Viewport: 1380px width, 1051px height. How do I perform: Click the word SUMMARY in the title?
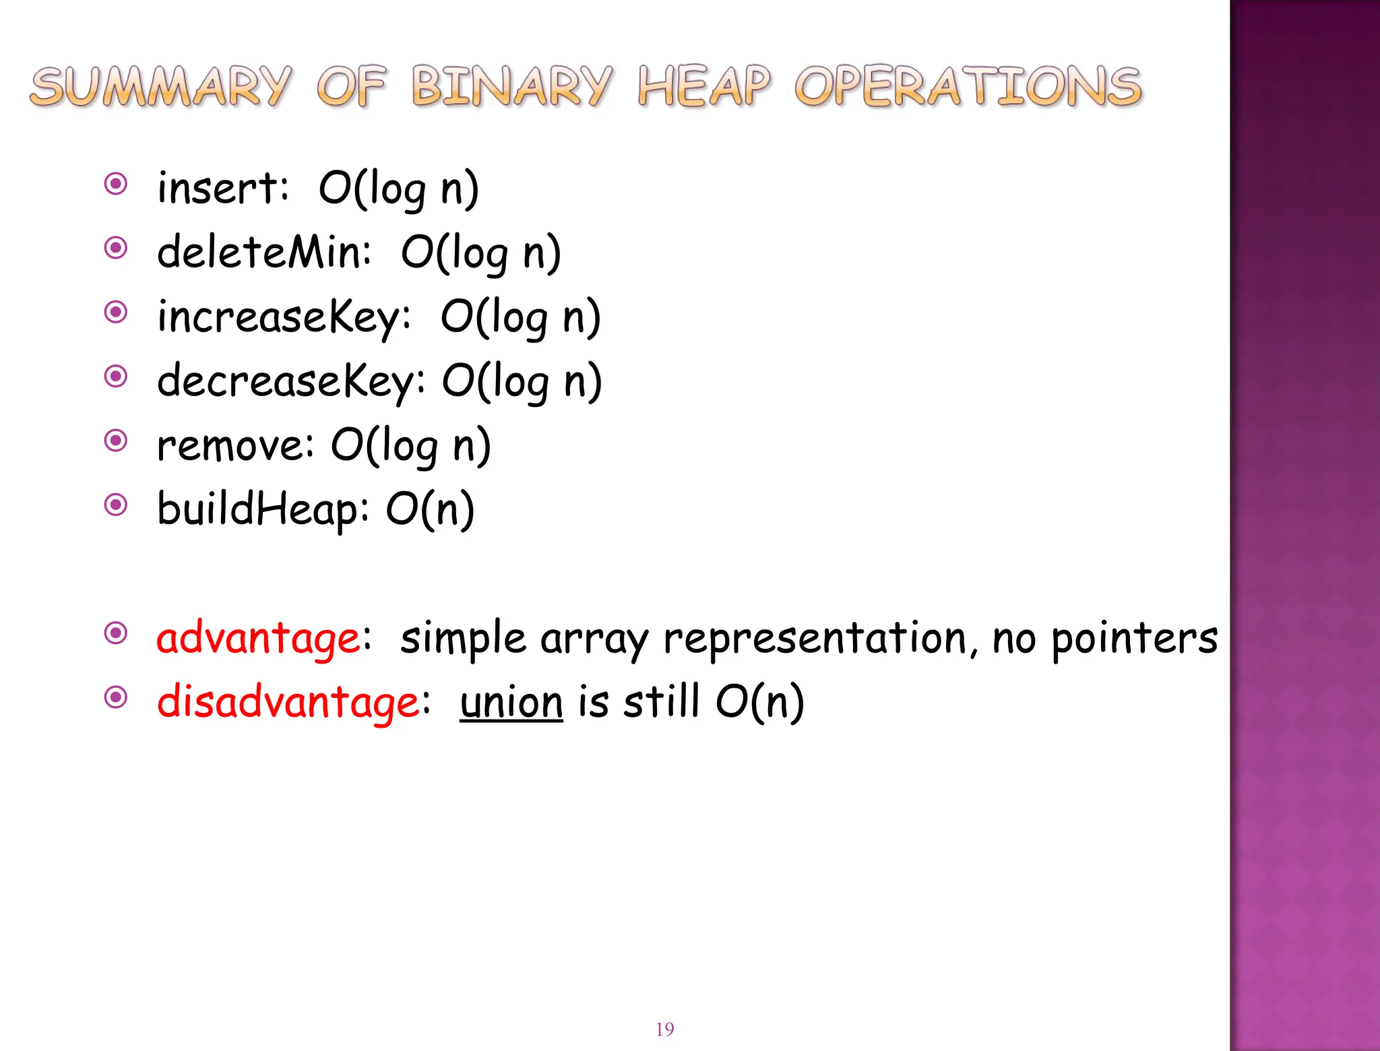pos(160,87)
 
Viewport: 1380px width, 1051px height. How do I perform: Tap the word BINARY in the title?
pos(511,87)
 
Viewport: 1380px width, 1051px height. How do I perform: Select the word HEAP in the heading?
pos(703,87)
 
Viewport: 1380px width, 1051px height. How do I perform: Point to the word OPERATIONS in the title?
pos(968,87)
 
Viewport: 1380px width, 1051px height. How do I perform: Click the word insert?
pos(222,188)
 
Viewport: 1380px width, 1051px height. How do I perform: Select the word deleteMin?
pos(263,253)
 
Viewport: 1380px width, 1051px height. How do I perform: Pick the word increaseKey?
pos(283,317)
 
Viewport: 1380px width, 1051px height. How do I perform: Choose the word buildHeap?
pos(262,509)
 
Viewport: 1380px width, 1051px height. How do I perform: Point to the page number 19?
pos(664,1029)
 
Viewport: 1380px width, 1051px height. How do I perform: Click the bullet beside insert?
pos(116,184)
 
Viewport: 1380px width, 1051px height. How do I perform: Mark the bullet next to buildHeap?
pos(116,505)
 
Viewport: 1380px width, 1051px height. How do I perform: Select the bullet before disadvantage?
pos(116,697)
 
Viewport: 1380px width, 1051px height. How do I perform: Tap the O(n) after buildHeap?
pos(430,509)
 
